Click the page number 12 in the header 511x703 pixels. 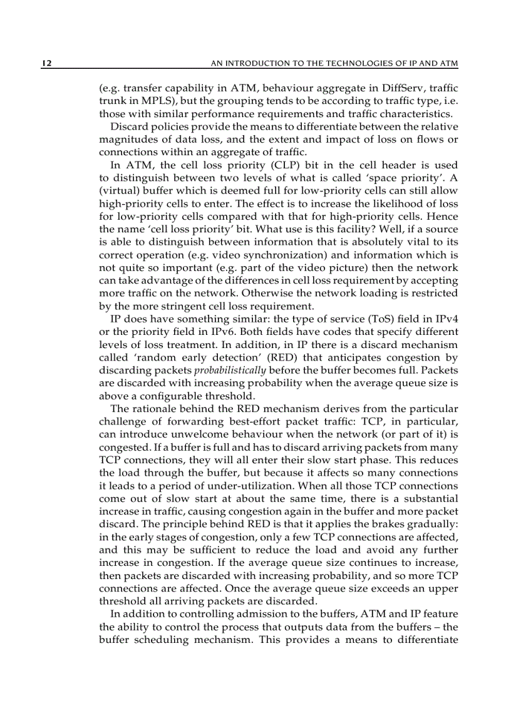46,63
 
